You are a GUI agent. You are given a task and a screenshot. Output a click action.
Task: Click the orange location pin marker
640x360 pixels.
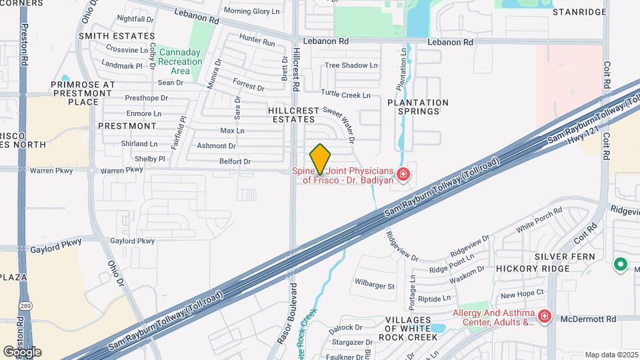pyautogui.click(x=320, y=159)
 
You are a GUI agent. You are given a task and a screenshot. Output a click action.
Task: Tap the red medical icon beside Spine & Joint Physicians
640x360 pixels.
pyautogui.click(x=403, y=175)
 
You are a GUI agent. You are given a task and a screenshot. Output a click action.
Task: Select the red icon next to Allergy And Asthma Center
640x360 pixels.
pyautogui.click(x=545, y=315)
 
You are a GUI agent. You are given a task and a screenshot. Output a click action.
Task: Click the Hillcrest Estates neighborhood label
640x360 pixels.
pyautogui.click(x=291, y=114)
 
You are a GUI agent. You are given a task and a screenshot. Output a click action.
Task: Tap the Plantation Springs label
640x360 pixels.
pyautogui.click(x=414, y=107)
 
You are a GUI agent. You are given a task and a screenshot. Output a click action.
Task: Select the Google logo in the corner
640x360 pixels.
pyautogui.click(x=21, y=352)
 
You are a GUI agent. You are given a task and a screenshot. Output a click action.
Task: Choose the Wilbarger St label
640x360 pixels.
pyautogui.click(x=375, y=286)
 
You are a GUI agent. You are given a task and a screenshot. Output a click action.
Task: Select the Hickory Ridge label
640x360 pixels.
pyautogui.click(x=533, y=268)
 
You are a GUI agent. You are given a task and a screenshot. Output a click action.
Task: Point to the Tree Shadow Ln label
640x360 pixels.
pyautogui.click(x=351, y=65)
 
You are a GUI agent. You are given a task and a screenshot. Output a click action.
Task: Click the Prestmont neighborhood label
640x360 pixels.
pyautogui.click(x=127, y=125)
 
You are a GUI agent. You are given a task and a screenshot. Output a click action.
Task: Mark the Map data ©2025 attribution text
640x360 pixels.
pyautogui.click(x=611, y=355)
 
